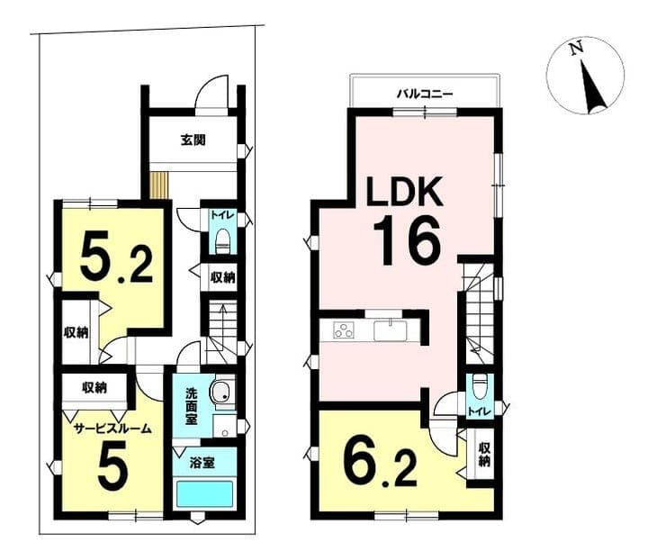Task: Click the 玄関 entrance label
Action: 193,140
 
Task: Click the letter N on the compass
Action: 576,49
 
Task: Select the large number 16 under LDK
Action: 406,240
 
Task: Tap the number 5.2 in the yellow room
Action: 116,259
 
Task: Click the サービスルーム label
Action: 112,429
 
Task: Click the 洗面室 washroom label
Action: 191,407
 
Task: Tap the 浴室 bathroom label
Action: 202,463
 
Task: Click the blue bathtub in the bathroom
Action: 204,493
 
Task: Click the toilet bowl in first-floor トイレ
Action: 222,241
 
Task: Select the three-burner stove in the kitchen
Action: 344,330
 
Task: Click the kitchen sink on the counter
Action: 391,330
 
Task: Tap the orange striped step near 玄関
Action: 159,185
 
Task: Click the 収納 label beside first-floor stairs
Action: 223,277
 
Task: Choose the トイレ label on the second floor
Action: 480,411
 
